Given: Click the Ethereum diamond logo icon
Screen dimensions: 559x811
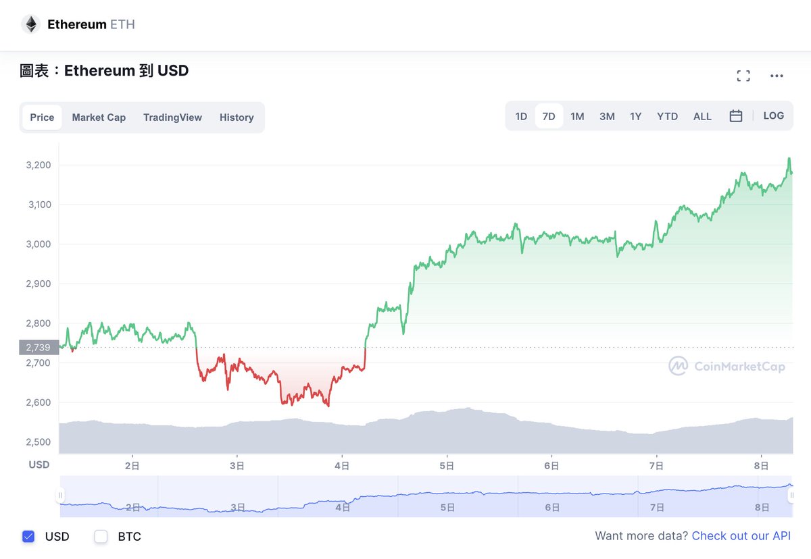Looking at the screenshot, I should point(31,25).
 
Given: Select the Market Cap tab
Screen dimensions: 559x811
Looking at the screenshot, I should point(99,117).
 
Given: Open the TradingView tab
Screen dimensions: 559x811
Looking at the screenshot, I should point(172,117).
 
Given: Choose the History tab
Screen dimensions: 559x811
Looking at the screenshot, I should point(237,117).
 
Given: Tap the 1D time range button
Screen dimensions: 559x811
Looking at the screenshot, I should point(521,116).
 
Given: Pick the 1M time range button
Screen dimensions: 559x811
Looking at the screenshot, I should point(577,116).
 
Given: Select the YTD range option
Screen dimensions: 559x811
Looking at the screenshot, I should point(667,116).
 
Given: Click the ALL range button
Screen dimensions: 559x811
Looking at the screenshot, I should point(702,116).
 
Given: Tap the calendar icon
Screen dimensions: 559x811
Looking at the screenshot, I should point(736,116).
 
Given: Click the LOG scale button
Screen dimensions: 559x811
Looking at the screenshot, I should point(774,115).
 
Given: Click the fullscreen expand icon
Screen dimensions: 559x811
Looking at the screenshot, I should point(743,76).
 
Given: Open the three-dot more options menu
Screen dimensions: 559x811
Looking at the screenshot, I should point(777,76).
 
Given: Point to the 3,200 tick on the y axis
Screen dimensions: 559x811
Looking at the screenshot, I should point(39,165).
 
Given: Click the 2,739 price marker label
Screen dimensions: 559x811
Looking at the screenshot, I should point(39,348).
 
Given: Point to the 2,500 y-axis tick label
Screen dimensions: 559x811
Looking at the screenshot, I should point(39,442).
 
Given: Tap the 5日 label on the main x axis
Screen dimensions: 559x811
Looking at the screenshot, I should point(446,465).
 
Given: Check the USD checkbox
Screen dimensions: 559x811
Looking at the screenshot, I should point(28,537).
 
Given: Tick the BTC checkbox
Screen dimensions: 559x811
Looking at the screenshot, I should point(101,537).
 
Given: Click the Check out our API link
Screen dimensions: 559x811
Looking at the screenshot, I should point(741,536).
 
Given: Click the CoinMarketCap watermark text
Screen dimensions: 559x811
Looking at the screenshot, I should point(739,367).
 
